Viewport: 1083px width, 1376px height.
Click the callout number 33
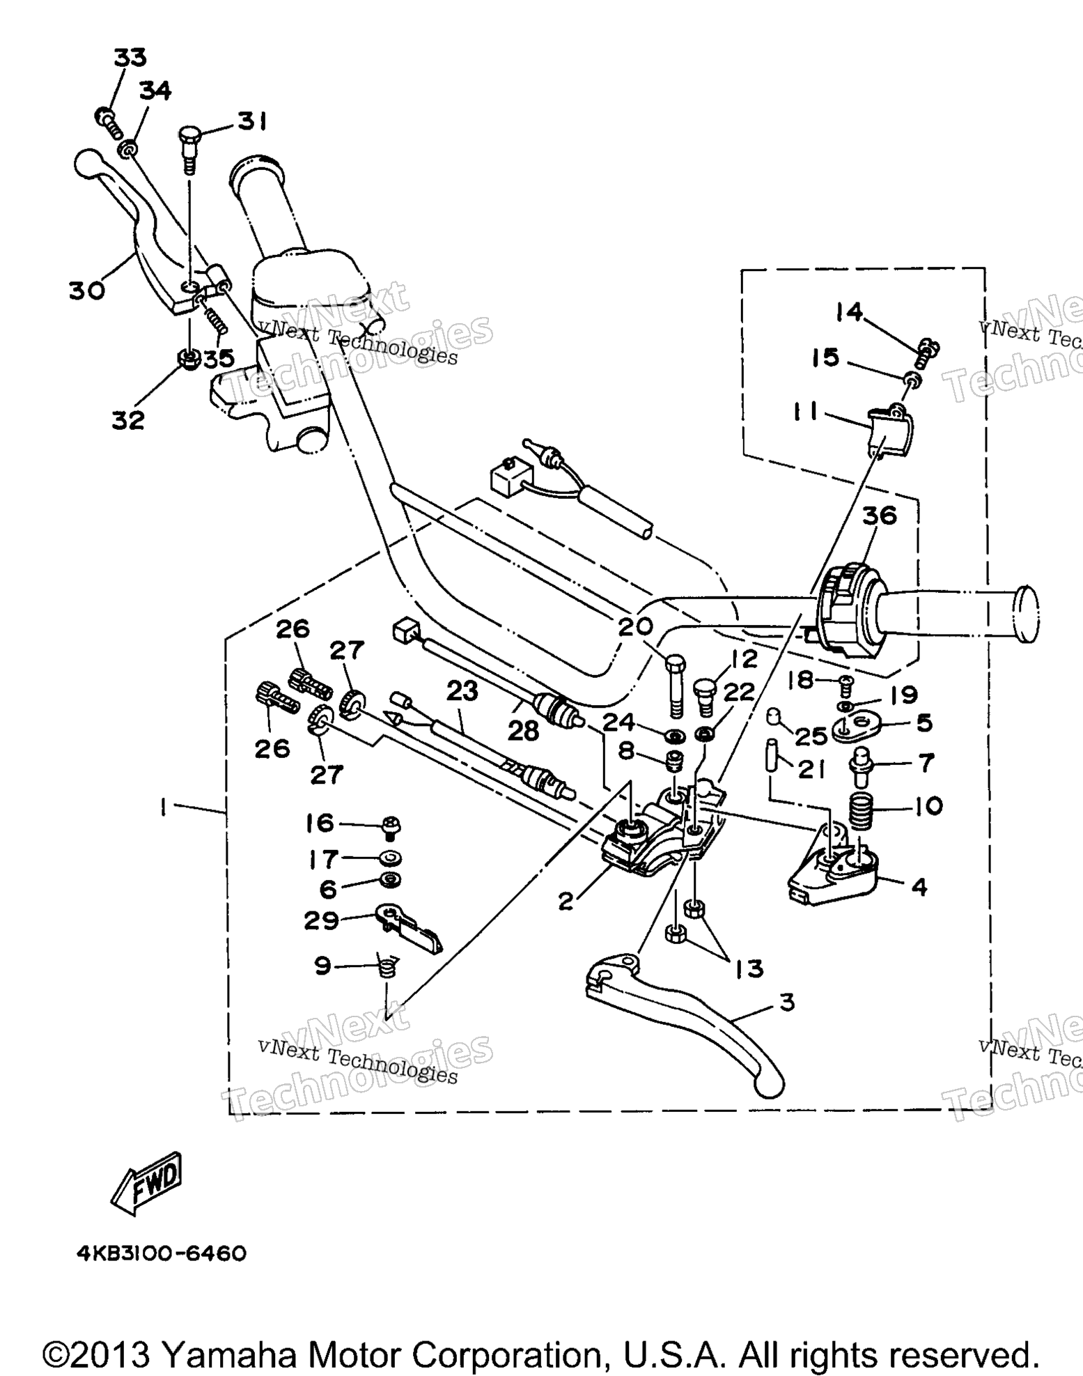pos(130,57)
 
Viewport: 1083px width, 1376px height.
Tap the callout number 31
pos(251,121)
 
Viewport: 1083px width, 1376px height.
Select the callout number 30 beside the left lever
pos(87,290)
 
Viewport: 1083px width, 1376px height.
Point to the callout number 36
pos(879,516)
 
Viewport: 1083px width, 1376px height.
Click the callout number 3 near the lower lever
pos(787,1003)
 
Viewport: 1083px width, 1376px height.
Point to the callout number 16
pos(320,823)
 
